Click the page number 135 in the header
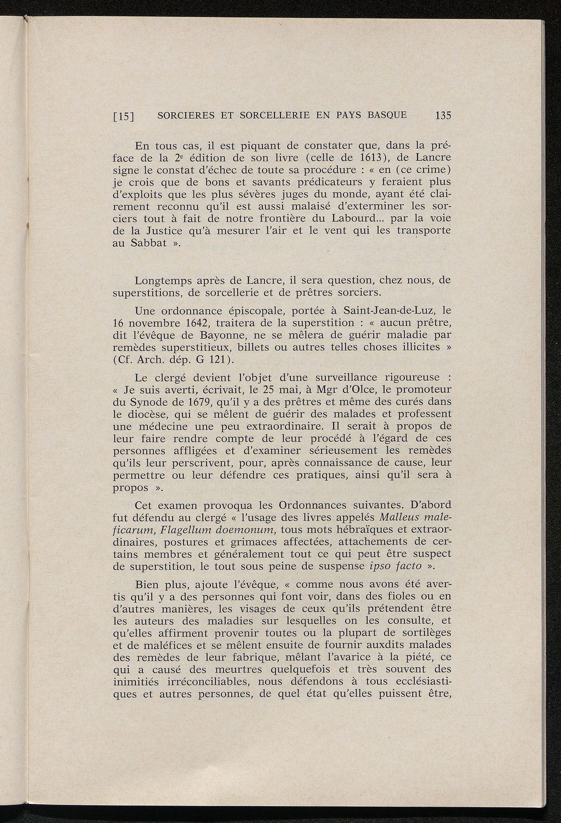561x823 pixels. coord(442,115)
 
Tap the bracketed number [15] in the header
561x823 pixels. coord(124,116)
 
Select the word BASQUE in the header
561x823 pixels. coord(386,115)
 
